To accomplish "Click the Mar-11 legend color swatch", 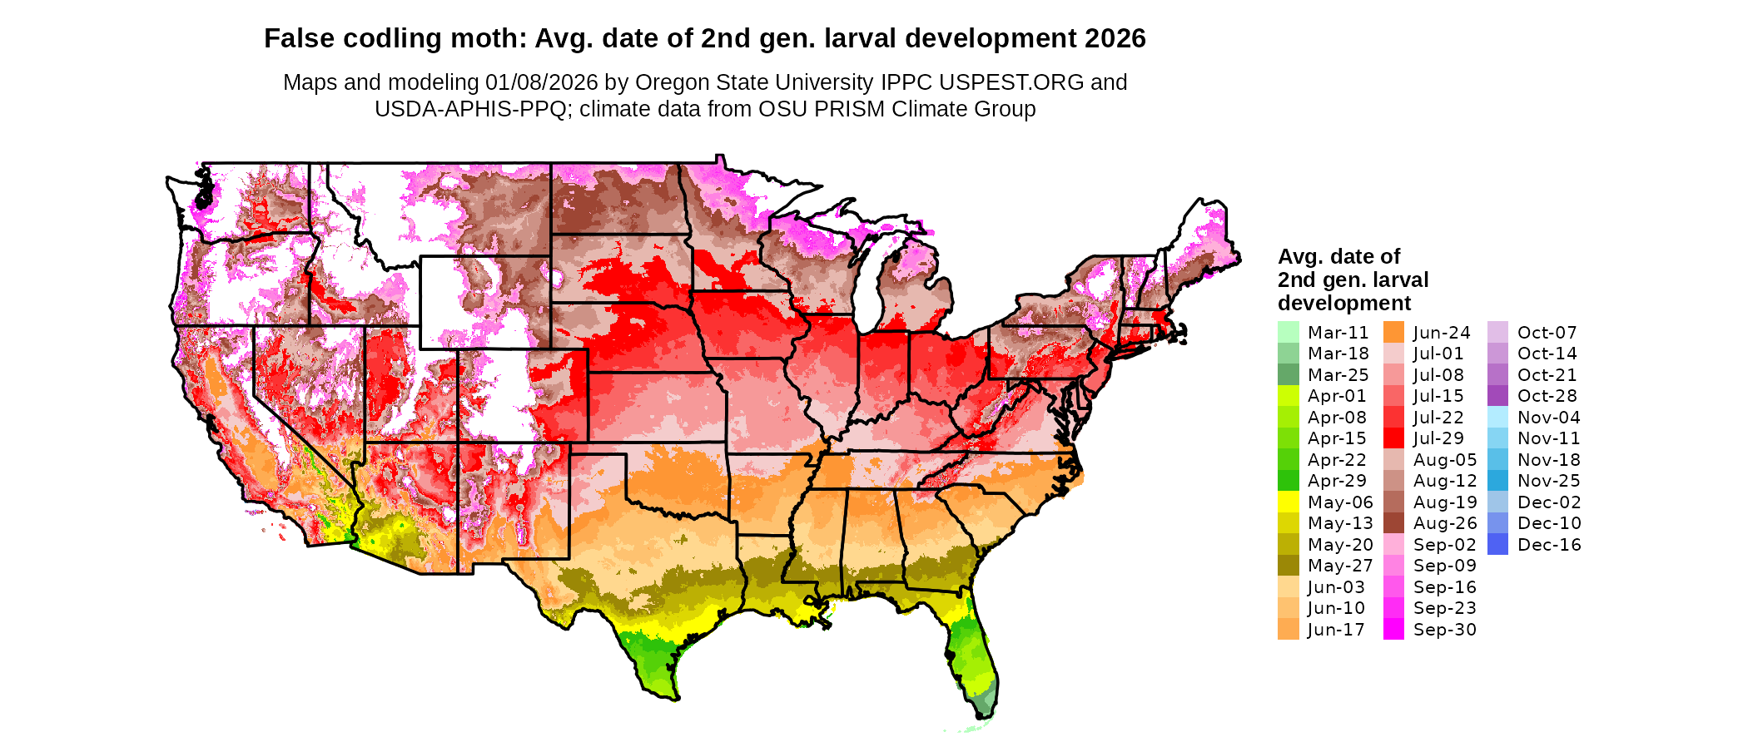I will (x=1288, y=332).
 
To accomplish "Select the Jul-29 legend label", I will (x=1438, y=438).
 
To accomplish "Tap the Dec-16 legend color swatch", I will (x=1497, y=545).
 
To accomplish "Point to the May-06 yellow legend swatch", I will (x=1288, y=502).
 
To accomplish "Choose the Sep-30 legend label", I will (x=1444, y=630).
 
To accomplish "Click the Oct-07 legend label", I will (x=1547, y=333).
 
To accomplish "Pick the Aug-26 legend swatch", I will (x=1393, y=523).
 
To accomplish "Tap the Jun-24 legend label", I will (x=1442, y=333).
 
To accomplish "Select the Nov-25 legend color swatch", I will (x=1497, y=481).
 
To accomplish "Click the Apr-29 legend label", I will (x=1337, y=481).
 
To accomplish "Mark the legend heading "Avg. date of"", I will (x=1338, y=256).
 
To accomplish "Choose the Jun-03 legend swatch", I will (x=1288, y=587).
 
